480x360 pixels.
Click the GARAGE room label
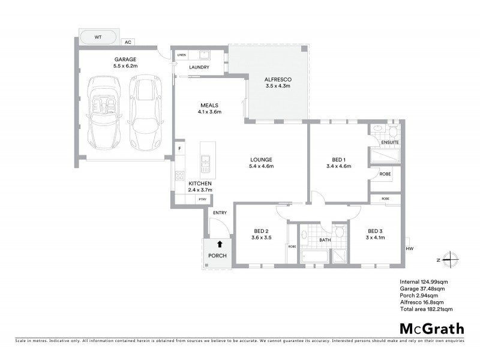click(125, 59)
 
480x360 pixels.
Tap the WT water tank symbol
click(98, 37)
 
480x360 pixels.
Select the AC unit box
click(127, 43)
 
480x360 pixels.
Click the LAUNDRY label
click(199, 67)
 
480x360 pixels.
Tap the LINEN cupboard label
click(181, 55)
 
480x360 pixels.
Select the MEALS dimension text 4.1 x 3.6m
click(209, 112)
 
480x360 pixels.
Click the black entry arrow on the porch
click(220, 244)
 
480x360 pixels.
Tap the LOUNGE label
click(262, 160)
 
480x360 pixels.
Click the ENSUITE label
click(390, 142)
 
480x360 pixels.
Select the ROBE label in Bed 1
click(385, 174)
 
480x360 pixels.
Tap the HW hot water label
click(410, 248)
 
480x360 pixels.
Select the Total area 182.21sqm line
click(425, 308)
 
